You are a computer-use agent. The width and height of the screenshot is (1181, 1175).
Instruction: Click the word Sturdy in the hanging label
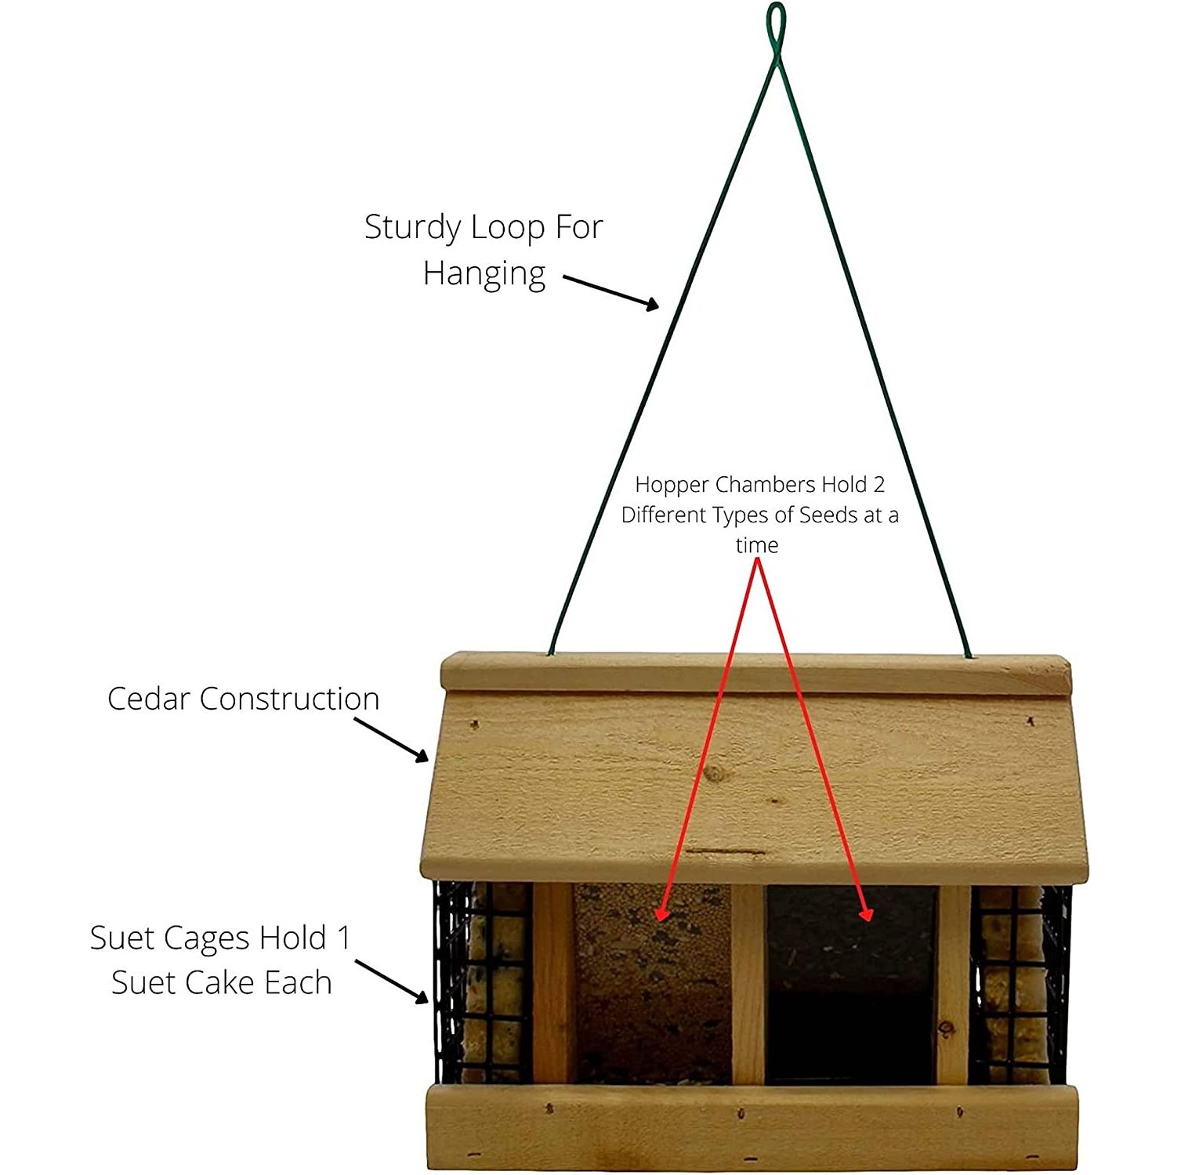pyautogui.click(x=413, y=228)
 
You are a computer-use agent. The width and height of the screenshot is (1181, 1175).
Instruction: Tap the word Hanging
pyautogui.click(x=484, y=274)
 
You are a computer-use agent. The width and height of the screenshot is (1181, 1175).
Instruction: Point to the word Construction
pyautogui.click(x=289, y=699)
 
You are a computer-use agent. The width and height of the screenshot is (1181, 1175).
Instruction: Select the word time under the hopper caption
pyautogui.click(x=757, y=545)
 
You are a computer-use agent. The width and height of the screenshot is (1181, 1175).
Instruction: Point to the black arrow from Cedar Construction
pyautogui.click(x=391, y=739)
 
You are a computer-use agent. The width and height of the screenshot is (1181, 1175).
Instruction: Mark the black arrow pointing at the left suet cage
pyautogui.click(x=392, y=981)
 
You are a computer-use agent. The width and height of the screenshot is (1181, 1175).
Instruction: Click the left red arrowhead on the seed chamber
pyautogui.click(x=661, y=911)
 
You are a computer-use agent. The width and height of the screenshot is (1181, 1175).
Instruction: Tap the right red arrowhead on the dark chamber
pyautogui.click(x=865, y=911)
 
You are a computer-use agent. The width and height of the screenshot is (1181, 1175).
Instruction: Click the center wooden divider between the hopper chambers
pyautogui.click(x=748, y=984)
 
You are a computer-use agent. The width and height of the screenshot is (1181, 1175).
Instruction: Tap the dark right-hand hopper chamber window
pyautogui.click(x=851, y=985)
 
